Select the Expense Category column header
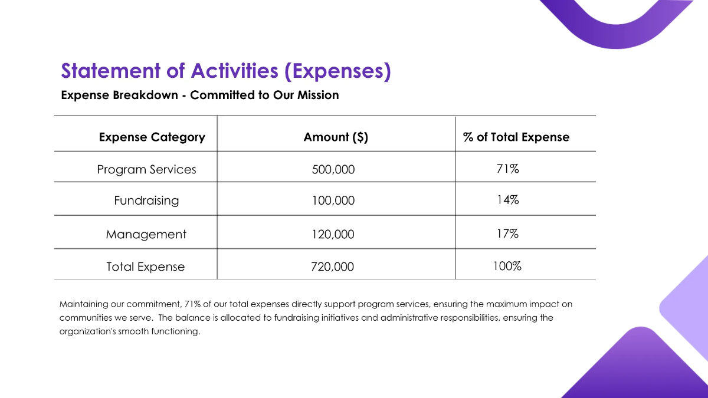152,137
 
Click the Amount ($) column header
336,137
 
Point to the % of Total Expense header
516,137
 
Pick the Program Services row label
146,170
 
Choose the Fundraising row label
146,200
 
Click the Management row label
146,235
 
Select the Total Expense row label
145,267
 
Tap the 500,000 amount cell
333,170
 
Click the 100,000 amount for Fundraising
333,201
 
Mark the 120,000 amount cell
333,235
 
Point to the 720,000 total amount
333,267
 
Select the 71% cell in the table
507,169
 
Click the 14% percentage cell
507,200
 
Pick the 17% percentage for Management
507,234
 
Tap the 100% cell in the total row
507,266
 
